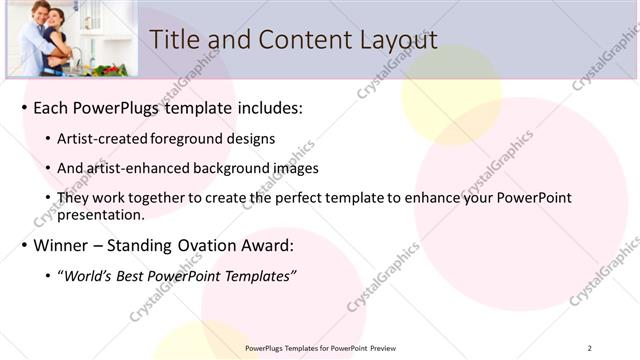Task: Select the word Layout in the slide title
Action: click(x=396, y=39)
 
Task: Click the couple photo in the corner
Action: click(x=69, y=38)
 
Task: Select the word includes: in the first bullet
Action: click(x=265, y=107)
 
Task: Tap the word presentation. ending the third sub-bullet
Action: click(x=100, y=214)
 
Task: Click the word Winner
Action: click(x=63, y=245)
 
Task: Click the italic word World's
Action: click(x=89, y=276)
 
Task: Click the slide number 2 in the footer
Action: click(x=590, y=348)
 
